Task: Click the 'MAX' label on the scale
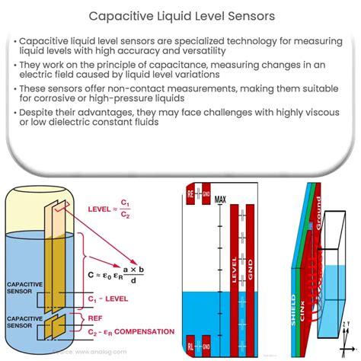[x=222, y=200]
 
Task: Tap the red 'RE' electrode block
[x=192, y=194]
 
